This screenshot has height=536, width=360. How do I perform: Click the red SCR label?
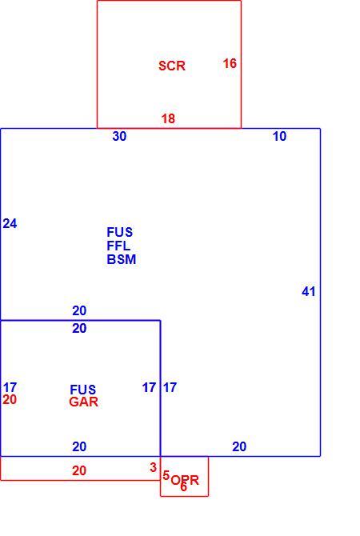(x=172, y=66)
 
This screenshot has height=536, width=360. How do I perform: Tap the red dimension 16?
(x=230, y=63)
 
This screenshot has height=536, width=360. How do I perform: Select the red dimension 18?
(x=168, y=118)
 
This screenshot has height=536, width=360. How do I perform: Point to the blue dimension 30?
(x=119, y=136)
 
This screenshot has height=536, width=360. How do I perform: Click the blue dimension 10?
(x=279, y=136)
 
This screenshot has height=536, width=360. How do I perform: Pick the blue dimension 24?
(x=10, y=223)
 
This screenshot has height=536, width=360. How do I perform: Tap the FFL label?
(x=118, y=246)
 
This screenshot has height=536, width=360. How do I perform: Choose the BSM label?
(x=122, y=259)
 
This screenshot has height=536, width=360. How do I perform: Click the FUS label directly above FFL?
(x=120, y=232)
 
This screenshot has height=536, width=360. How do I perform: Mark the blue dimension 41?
(x=308, y=291)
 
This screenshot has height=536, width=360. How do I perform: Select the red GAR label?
(x=83, y=402)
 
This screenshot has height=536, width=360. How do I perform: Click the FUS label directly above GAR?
(x=82, y=390)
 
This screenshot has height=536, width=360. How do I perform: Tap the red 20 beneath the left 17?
(x=10, y=399)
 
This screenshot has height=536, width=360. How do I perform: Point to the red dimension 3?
(x=153, y=467)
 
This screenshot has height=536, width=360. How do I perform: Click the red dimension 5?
(x=166, y=475)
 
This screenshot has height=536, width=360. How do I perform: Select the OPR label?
(x=185, y=480)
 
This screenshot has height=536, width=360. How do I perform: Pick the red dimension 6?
(x=183, y=486)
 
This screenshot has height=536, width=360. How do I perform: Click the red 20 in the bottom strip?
(x=79, y=470)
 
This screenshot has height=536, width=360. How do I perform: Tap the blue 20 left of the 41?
(x=239, y=446)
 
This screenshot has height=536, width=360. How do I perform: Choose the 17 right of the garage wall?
(x=170, y=387)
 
